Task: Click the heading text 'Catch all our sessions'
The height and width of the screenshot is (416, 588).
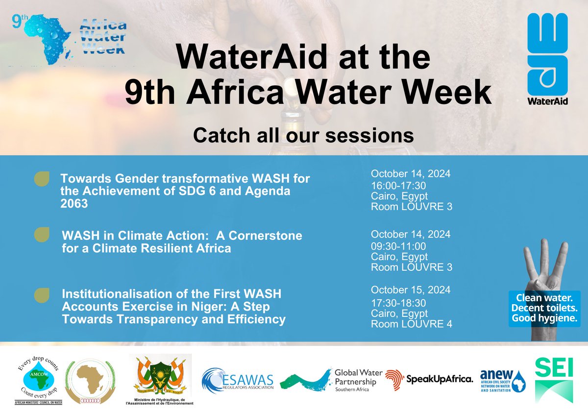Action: [x=303, y=135]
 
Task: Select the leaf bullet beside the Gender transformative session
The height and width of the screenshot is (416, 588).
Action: [x=42, y=179]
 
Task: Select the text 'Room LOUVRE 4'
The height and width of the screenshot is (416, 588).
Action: [x=411, y=324]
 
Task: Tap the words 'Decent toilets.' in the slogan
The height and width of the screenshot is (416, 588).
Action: [x=546, y=308]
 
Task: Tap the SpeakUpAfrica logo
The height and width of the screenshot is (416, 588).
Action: [x=429, y=379]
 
